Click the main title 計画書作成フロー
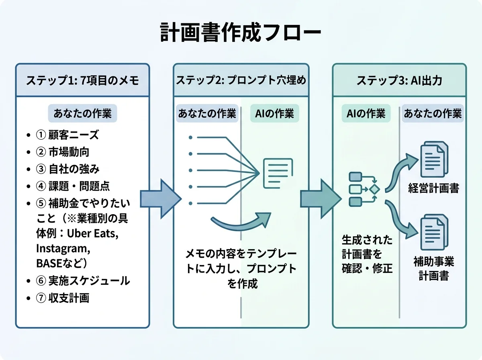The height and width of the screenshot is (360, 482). [241, 33]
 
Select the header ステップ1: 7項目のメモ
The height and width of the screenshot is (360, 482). [82, 80]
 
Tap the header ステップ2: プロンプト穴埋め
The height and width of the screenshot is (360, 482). [241, 80]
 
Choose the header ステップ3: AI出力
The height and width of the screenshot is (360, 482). [399, 80]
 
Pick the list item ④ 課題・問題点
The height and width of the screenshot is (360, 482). [72, 186]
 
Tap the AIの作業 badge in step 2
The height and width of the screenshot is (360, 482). [275, 114]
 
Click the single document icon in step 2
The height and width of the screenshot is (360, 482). [277, 173]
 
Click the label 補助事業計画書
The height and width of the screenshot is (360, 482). [433, 269]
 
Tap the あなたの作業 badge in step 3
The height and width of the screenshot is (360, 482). [433, 114]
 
